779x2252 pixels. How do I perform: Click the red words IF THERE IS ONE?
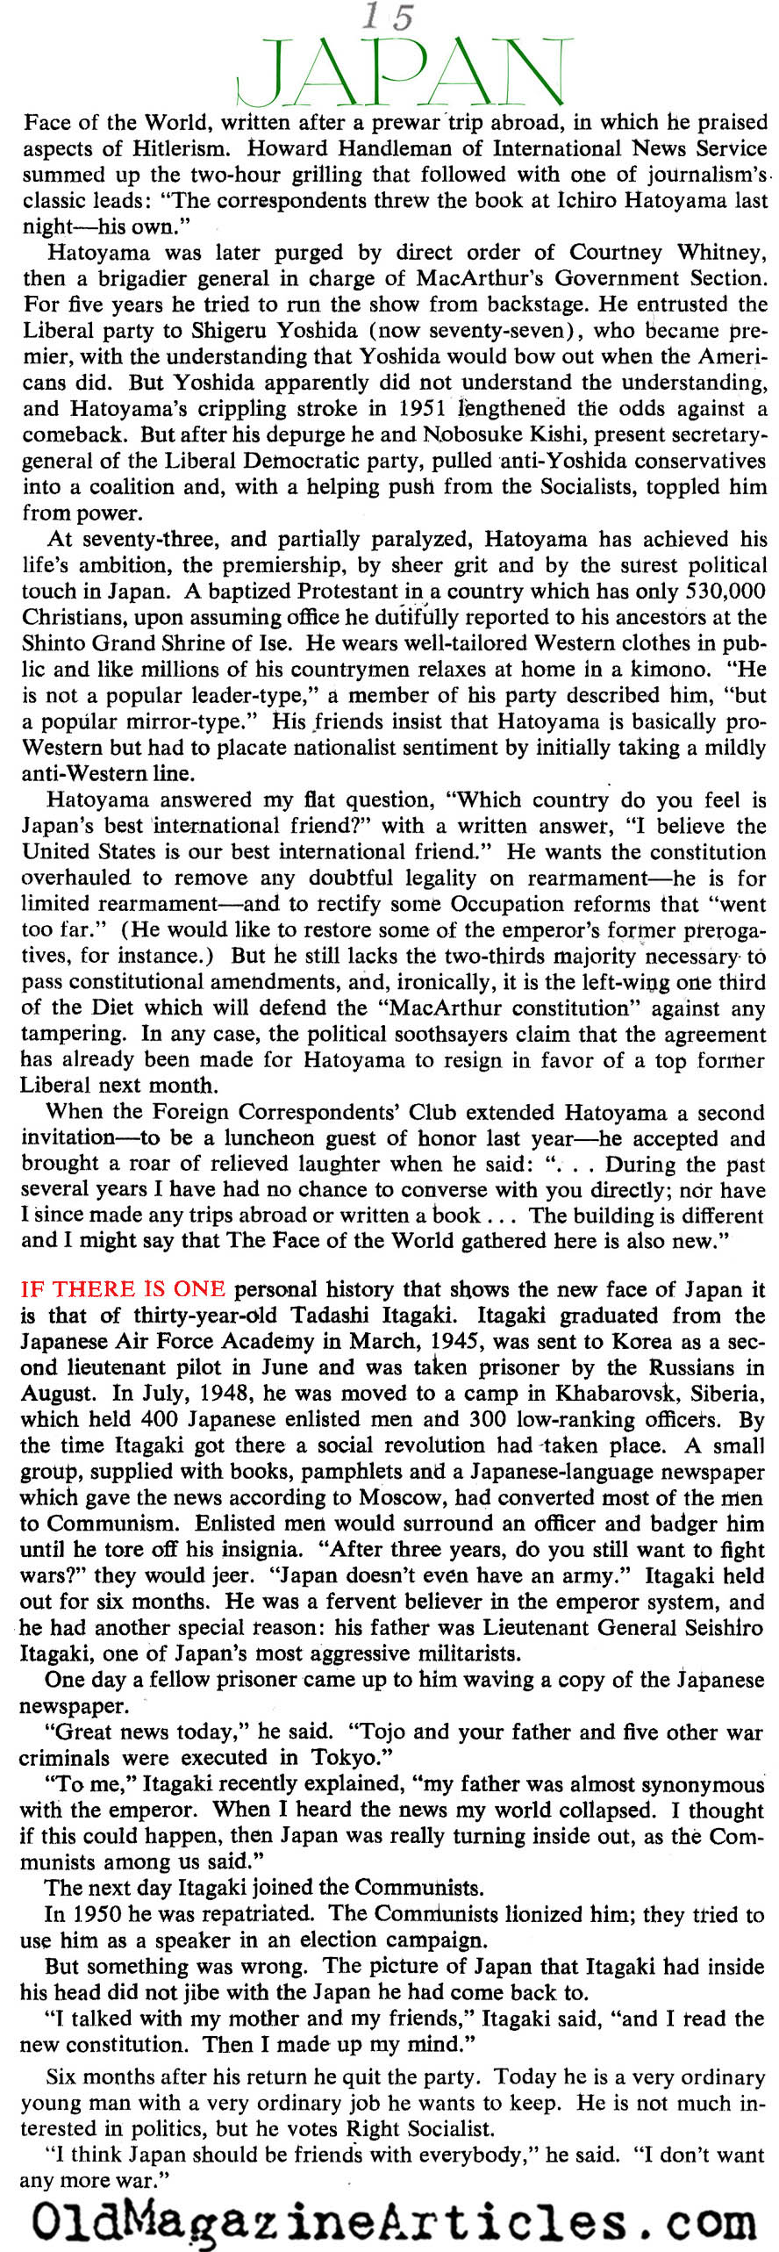point(123,1289)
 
